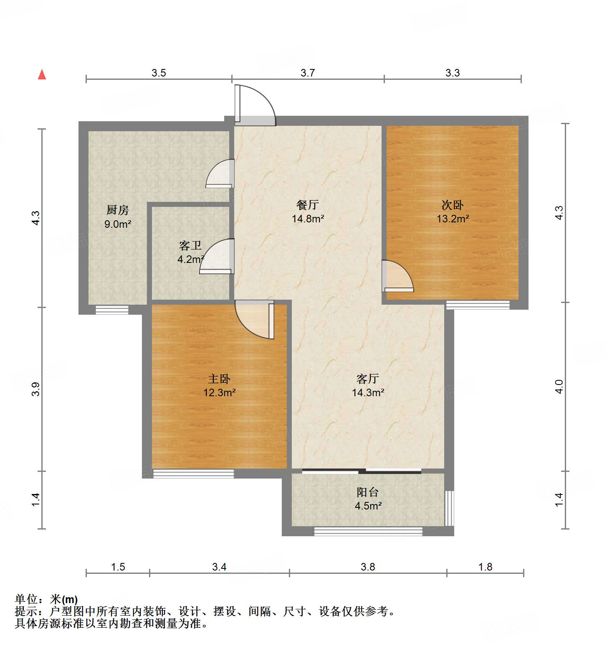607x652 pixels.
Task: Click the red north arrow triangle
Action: [x=42, y=74]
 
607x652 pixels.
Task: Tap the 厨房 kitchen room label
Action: [x=118, y=210]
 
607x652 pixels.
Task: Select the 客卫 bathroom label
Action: [x=190, y=246]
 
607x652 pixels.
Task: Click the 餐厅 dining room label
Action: [x=308, y=205]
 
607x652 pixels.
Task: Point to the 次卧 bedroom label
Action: [x=453, y=205]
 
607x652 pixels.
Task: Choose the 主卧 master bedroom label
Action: [x=219, y=379]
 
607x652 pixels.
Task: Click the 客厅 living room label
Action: [x=368, y=379]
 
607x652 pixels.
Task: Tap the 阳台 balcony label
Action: [x=368, y=492]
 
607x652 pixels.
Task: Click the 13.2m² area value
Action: [x=453, y=219]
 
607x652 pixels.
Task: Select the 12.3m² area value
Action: [x=219, y=393]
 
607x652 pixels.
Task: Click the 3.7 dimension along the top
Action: [x=308, y=73]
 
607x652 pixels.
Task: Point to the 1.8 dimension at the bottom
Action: [x=485, y=567]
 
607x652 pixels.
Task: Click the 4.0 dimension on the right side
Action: [x=559, y=387]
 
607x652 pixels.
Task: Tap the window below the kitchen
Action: [x=112, y=310]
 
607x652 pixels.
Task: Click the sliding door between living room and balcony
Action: [x=362, y=471]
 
